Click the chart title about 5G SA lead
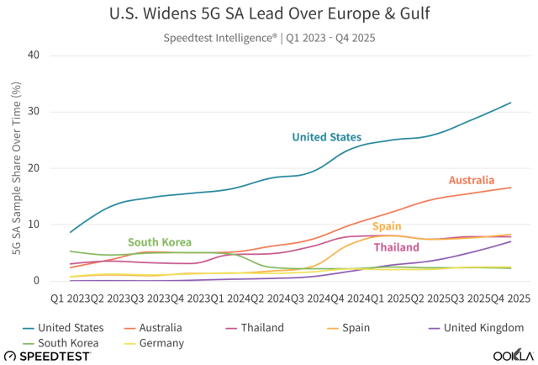269,14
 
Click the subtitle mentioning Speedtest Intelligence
269,37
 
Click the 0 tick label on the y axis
36,281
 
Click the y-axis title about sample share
15,168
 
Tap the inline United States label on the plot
326,137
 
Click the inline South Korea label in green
160,242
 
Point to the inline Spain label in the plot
387,226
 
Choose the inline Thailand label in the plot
396,247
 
